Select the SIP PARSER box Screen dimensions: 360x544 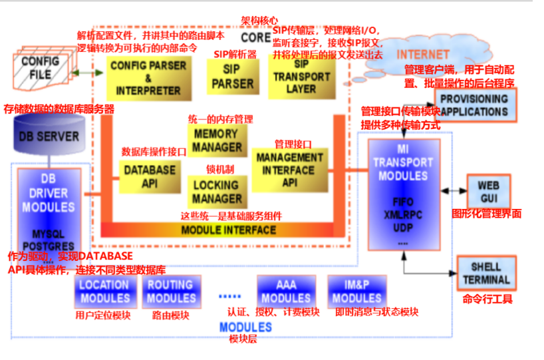point(232,77)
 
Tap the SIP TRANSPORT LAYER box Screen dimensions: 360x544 point(301,77)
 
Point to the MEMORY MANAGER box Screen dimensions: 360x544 point(217,140)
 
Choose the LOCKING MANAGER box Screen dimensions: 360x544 point(217,192)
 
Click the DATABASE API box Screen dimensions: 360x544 point(150,176)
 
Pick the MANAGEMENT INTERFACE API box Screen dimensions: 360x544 point(289,170)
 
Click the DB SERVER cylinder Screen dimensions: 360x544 point(49,136)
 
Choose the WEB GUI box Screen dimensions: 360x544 point(488,192)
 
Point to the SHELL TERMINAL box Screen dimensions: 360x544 point(486,273)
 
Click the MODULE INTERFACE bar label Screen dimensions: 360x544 point(228,230)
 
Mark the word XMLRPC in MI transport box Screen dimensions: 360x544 point(403,216)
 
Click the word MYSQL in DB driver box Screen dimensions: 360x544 point(48,235)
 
